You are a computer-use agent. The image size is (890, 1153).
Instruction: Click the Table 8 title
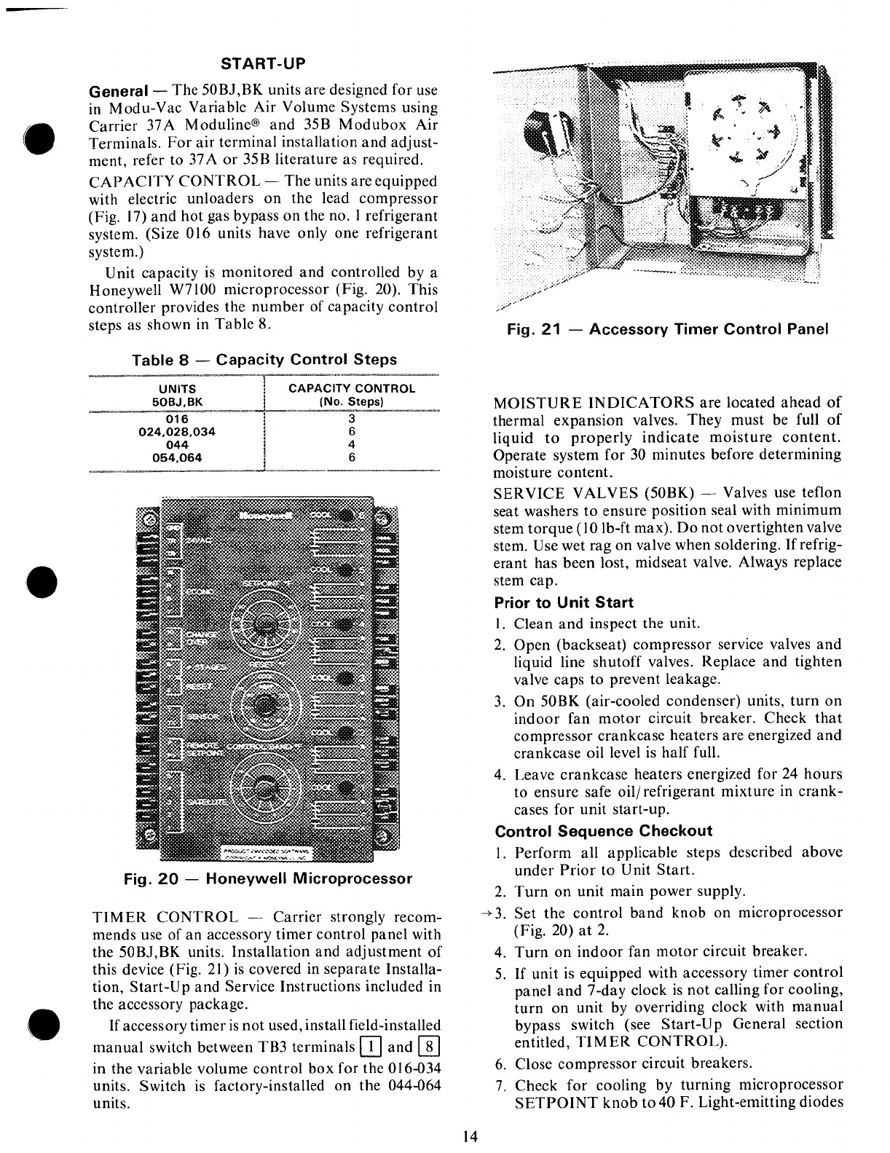coord(264,360)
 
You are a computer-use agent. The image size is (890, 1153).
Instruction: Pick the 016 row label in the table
coord(177,420)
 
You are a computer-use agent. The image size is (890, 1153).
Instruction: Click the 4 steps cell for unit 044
coord(351,445)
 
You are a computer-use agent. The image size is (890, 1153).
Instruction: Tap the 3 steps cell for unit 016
coord(351,420)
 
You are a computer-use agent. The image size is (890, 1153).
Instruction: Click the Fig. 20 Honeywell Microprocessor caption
coord(268,878)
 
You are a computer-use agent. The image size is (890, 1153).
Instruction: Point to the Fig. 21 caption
coord(668,329)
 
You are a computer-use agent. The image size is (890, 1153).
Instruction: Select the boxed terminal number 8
coord(428,1048)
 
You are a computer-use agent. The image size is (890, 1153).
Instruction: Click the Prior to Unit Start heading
coord(564,603)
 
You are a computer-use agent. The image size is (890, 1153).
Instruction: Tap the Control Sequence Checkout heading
coord(603,831)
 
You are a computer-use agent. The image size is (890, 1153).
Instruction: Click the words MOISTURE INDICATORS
coord(594,403)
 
